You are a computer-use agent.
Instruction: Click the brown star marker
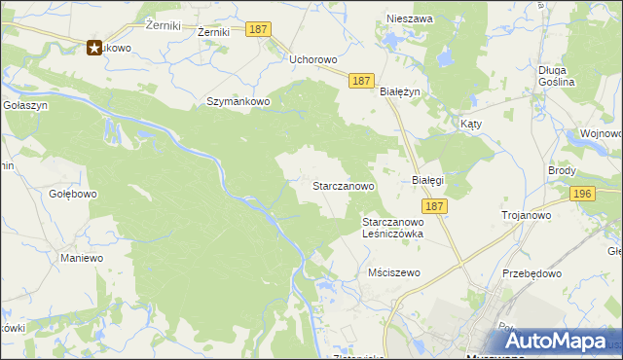pyautogui.click(x=95, y=47)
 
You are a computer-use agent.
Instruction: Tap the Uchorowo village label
pyautogui.click(x=313, y=59)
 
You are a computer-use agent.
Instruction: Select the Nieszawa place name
pyautogui.click(x=409, y=18)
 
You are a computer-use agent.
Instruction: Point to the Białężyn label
pyautogui.click(x=398, y=90)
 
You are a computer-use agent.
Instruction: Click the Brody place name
pyautogui.click(x=562, y=170)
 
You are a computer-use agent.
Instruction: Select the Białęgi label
pyautogui.click(x=427, y=180)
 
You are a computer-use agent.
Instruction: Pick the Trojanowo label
pyautogui.click(x=527, y=215)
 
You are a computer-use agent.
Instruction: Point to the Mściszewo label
pyautogui.click(x=394, y=272)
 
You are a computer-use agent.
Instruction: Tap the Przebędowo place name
pyautogui.click(x=532, y=273)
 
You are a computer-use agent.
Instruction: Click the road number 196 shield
pyautogui.click(x=583, y=195)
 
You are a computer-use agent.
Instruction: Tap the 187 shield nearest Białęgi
pyautogui.click(x=434, y=206)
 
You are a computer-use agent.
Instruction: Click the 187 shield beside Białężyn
pyautogui.click(x=361, y=81)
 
